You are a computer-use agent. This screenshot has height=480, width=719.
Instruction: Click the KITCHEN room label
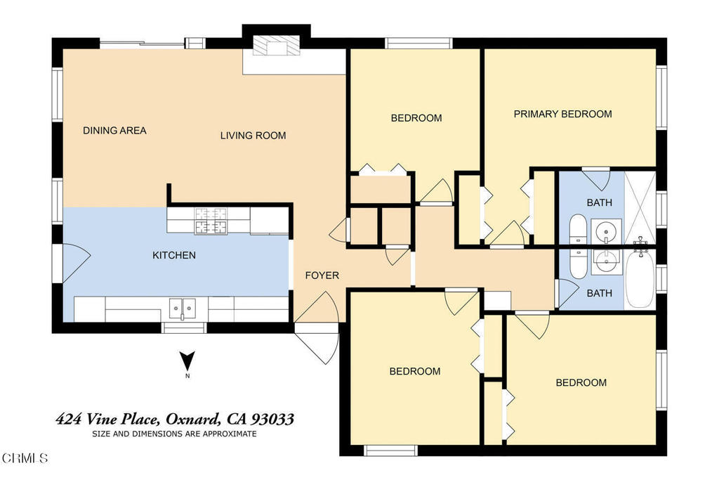point(174,255)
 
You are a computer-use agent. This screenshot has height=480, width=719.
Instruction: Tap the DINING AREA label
point(114,131)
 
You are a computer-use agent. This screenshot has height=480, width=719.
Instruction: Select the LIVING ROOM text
point(253,135)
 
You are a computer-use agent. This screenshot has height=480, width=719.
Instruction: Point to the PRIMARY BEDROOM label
point(562,114)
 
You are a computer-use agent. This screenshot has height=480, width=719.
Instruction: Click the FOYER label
point(322,275)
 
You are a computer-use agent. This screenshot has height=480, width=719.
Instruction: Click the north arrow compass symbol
point(187,362)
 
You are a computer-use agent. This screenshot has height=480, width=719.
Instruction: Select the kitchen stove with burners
point(211,221)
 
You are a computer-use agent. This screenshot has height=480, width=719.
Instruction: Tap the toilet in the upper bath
point(578,228)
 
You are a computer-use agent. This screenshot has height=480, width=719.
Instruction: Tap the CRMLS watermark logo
point(25,458)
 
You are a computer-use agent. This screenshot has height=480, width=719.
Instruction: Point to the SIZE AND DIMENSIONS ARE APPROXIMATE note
point(174,434)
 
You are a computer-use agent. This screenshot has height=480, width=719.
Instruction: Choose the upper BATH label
point(599,202)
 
